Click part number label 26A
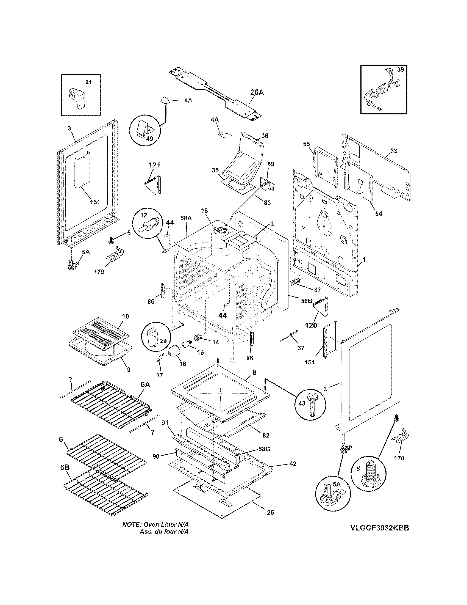click(257, 92)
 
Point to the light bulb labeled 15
click(187, 344)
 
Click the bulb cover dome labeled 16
click(174, 351)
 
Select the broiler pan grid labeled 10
click(101, 334)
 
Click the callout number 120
click(311, 325)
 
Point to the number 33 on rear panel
click(394, 151)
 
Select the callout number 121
click(154, 165)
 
